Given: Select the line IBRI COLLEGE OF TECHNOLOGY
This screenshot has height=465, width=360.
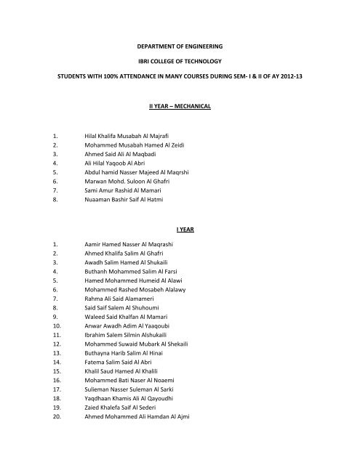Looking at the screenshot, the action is tap(180, 73).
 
